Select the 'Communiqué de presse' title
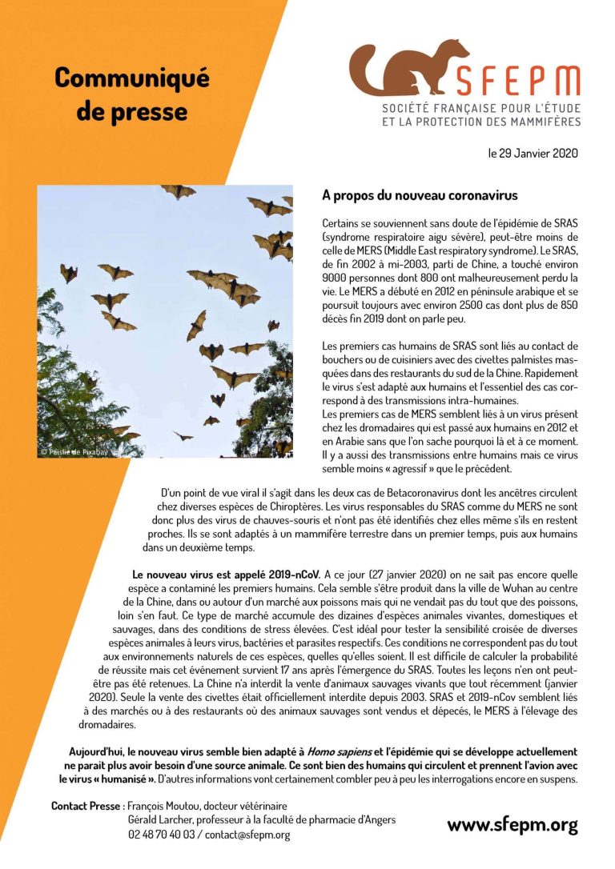132,94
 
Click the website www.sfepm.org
512,825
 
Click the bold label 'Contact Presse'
86,806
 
